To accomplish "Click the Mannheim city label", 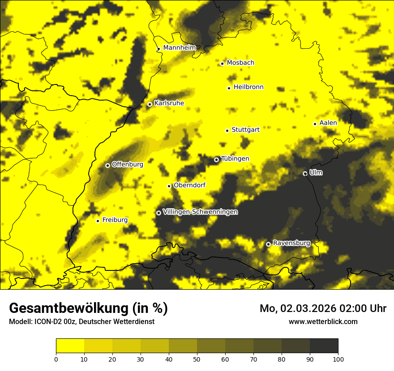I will click(x=180, y=48).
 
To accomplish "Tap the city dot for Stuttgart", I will click(x=227, y=131).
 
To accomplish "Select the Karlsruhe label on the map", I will click(x=169, y=103).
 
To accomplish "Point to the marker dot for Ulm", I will click(x=305, y=173).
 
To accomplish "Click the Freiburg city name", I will click(x=115, y=220).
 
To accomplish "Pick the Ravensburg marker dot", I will click(x=268, y=244).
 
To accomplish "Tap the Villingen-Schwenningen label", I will click(x=200, y=212).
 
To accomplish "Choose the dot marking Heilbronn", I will click(x=229, y=88).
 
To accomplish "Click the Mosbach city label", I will click(x=240, y=63).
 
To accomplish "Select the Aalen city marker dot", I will click(x=315, y=124).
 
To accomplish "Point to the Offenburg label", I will click(x=127, y=164).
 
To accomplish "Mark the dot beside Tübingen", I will click(x=216, y=160).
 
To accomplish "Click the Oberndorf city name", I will click(x=189, y=185).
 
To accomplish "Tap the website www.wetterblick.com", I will click(x=323, y=321).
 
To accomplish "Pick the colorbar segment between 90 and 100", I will click(x=324, y=346).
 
